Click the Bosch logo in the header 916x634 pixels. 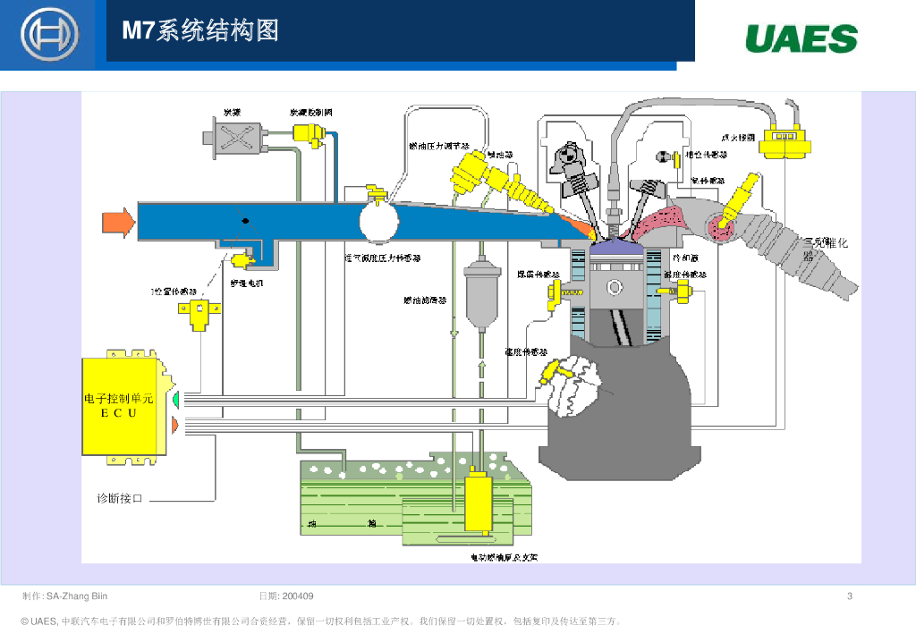click(49, 35)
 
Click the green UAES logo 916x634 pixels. click(801, 39)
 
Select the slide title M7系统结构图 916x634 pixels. click(200, 31)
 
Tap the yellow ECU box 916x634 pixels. click(122, 408)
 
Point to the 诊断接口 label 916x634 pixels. click(120, 498)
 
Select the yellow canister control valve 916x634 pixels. click(308, 134)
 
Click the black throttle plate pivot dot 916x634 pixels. click(244, 220)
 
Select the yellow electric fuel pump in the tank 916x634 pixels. click(479, 503)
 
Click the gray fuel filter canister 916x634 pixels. click(480, 292)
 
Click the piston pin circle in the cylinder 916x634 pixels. click(615, 287)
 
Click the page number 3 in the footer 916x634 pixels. click(849, 596)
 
